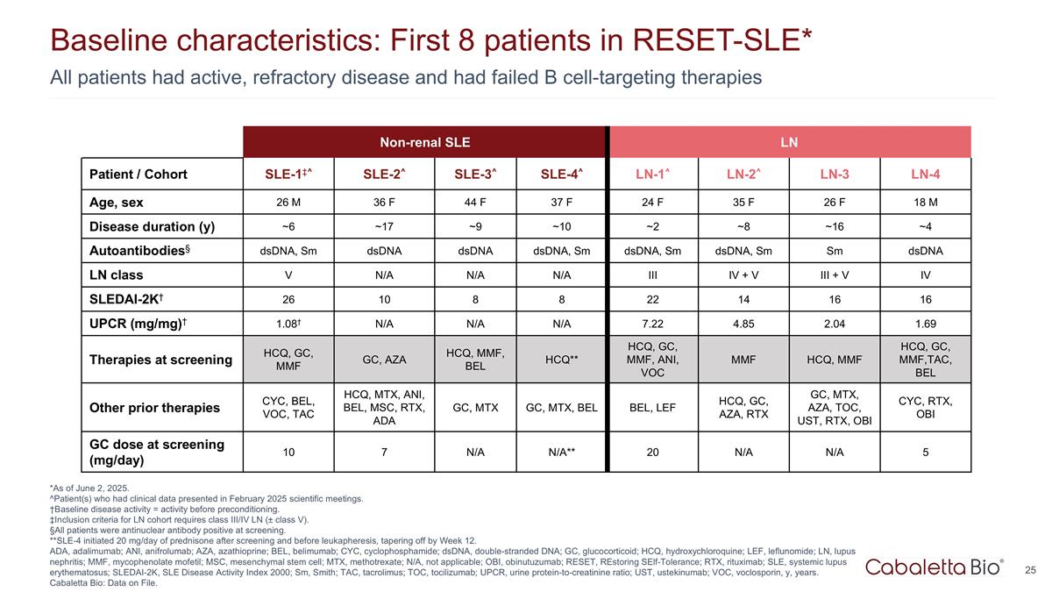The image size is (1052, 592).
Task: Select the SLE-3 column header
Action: coord(473,174)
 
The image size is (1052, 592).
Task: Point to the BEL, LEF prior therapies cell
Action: coord(652,408)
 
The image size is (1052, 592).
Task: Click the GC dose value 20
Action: coord(652,453)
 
